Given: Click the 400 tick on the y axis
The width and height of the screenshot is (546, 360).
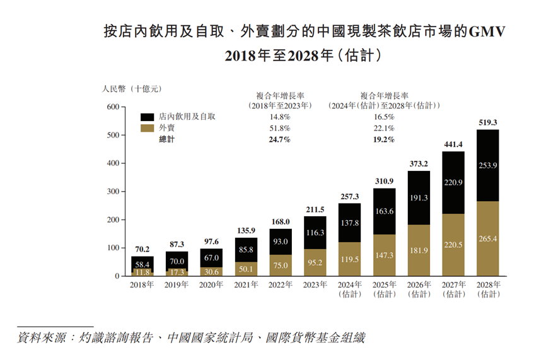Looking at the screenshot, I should (112, 163).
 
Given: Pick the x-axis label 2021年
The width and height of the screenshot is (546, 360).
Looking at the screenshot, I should (245, 285).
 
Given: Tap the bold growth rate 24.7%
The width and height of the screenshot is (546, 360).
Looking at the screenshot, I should (280, 139).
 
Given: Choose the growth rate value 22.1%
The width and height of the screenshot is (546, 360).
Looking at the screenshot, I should (383, 129).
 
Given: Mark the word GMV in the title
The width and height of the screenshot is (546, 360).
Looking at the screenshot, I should (487, 32).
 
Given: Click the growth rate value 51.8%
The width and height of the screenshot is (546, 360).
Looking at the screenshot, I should (280, 129).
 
